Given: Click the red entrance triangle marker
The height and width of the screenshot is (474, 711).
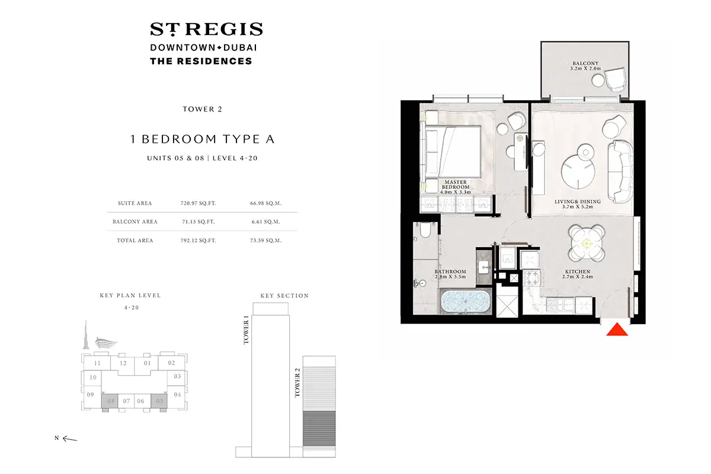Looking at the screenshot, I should pos(617,330).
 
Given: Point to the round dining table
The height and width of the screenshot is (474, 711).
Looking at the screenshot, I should pos(586,244).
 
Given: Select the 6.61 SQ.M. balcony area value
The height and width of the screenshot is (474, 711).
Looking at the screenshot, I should pos(265,222).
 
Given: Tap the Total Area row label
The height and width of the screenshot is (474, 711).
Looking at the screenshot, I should pos(133,241).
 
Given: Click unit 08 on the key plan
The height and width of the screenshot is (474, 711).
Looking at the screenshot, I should pos(110,401).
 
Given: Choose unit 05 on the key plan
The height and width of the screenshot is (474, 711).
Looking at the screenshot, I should pos(159,401).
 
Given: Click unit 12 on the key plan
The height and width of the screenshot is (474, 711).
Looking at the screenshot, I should pos(123,363).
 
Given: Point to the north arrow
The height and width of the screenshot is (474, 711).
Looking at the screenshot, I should pos(69,439).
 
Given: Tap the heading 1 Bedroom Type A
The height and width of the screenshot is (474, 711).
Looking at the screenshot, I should pos(202,140).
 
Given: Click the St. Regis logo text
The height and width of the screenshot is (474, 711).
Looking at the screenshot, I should pos(206,30).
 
